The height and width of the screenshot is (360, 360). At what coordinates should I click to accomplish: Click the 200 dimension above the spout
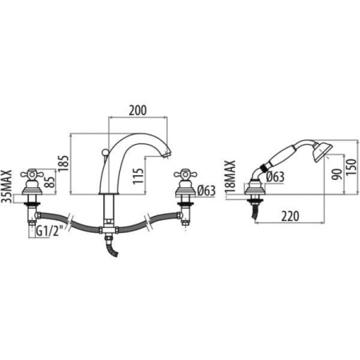point(138,110)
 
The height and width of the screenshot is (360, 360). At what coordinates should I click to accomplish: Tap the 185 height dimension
point(63,163)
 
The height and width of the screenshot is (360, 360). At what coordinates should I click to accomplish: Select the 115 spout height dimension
point(138,176)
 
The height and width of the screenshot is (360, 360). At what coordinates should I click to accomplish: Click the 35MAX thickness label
point(7,186)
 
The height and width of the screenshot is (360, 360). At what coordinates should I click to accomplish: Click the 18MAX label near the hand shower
point(230,177)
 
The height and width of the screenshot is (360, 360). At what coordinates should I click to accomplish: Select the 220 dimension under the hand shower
point(290,216)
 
